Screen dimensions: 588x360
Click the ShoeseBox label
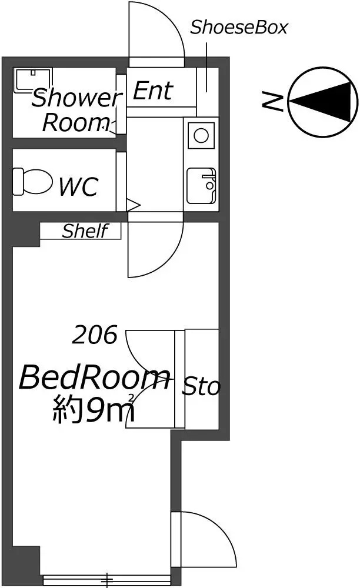point(239,28)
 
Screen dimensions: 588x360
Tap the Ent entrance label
point(152,91)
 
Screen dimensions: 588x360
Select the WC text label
point(78,187)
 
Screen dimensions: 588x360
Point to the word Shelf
point(85,231)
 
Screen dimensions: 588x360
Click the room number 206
point(95,336)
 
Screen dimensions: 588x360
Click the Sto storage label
point(201,387)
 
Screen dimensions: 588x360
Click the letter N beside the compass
point(272,103)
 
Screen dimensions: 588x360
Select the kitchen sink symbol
point(201,185)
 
